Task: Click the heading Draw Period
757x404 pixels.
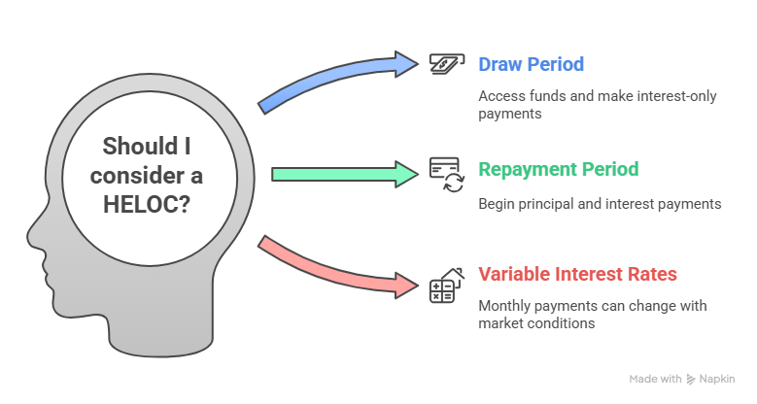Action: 531,65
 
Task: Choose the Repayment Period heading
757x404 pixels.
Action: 558,169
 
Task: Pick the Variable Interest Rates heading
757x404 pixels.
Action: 577,274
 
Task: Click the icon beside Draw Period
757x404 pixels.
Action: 445,64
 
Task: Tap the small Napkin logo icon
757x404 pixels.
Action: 690,380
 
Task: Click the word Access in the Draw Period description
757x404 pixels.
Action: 499,97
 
